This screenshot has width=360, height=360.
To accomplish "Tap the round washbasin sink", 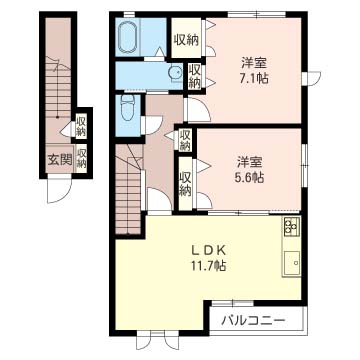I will tap(174, 71).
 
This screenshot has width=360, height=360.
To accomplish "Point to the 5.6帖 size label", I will tap(250, 177).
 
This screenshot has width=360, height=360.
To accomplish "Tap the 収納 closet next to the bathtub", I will tap(186, 40).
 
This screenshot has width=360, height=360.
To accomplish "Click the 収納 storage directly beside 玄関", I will tap(82, 158).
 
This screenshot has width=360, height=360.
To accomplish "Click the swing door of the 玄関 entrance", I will tap(62, 190).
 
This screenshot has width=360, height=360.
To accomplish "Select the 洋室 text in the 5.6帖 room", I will tap(250, 160).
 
